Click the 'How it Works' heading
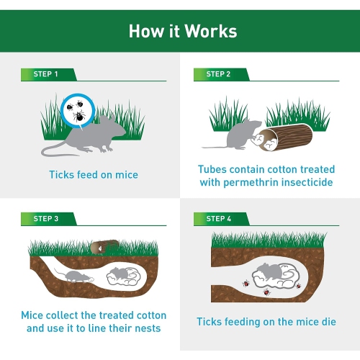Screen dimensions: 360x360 click(x=182, y=32)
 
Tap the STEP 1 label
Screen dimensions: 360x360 click(x=46, y=74)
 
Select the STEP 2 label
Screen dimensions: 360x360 click(x=218, y=74)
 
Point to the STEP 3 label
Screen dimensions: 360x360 click(x=46, y=218)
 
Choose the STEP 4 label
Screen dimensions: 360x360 click(x=218, y=218)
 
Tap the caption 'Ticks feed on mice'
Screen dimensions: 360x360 click(x=94, y=175)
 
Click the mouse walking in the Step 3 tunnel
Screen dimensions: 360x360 click(x=72, y=276)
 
